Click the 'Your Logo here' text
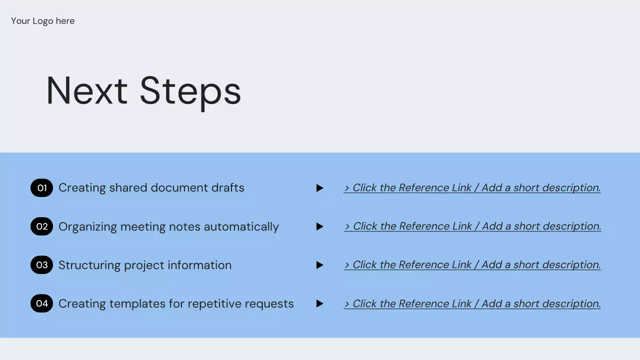point(43,21)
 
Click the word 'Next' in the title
point(87,90)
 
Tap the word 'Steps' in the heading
point(190,92)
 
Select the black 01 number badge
point(41,188)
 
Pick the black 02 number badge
point(41,226)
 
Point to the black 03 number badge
point(41,265)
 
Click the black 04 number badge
point(41,303)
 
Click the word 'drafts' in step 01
point(227,187)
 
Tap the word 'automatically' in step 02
point(241,227)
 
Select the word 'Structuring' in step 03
point(89,265)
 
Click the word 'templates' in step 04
point(137,304)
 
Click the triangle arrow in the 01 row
point(319,188)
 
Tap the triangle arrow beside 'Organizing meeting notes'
point(319,226)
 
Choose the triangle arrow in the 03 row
point(319,265)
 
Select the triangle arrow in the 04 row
point(319,303)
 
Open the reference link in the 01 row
point(472,187)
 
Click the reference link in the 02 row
point(472,226)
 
